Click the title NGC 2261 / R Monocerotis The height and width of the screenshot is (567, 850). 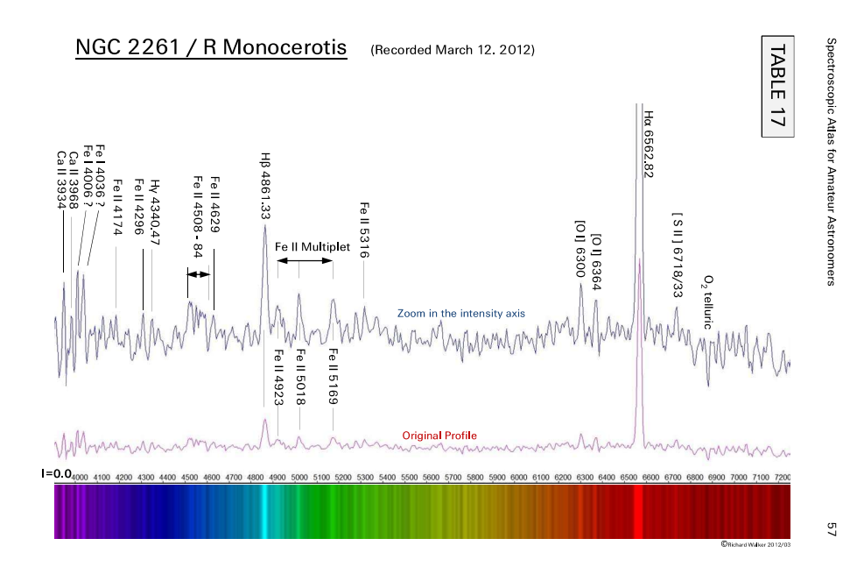(x=211, y=47)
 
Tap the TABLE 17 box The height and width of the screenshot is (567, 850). (x=777, y=87)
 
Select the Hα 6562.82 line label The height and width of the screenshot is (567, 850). (x=648, y=145)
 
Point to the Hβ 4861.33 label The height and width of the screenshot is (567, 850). (x=265, y=185)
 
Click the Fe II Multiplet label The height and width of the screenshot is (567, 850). (x=313, y=247)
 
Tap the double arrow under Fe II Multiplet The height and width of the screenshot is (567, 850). (x=306, y=261)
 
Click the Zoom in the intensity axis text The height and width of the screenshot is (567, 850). (x=460, y=313)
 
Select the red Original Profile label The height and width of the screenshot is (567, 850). (x=439, y=436)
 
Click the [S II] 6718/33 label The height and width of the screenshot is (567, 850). (x=677, y=255)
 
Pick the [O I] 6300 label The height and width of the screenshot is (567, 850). (x=580, y=248)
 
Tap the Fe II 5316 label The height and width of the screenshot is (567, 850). (x=364, y=230)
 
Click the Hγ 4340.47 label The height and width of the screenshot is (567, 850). (x=154, y=212)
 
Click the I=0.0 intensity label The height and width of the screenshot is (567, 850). (x=56, y=473)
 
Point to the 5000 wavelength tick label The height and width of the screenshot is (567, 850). (x=299, y=478)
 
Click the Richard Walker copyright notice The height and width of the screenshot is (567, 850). (x=755, y=544)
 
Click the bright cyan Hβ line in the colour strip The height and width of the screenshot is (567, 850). (x=263, y=512)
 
